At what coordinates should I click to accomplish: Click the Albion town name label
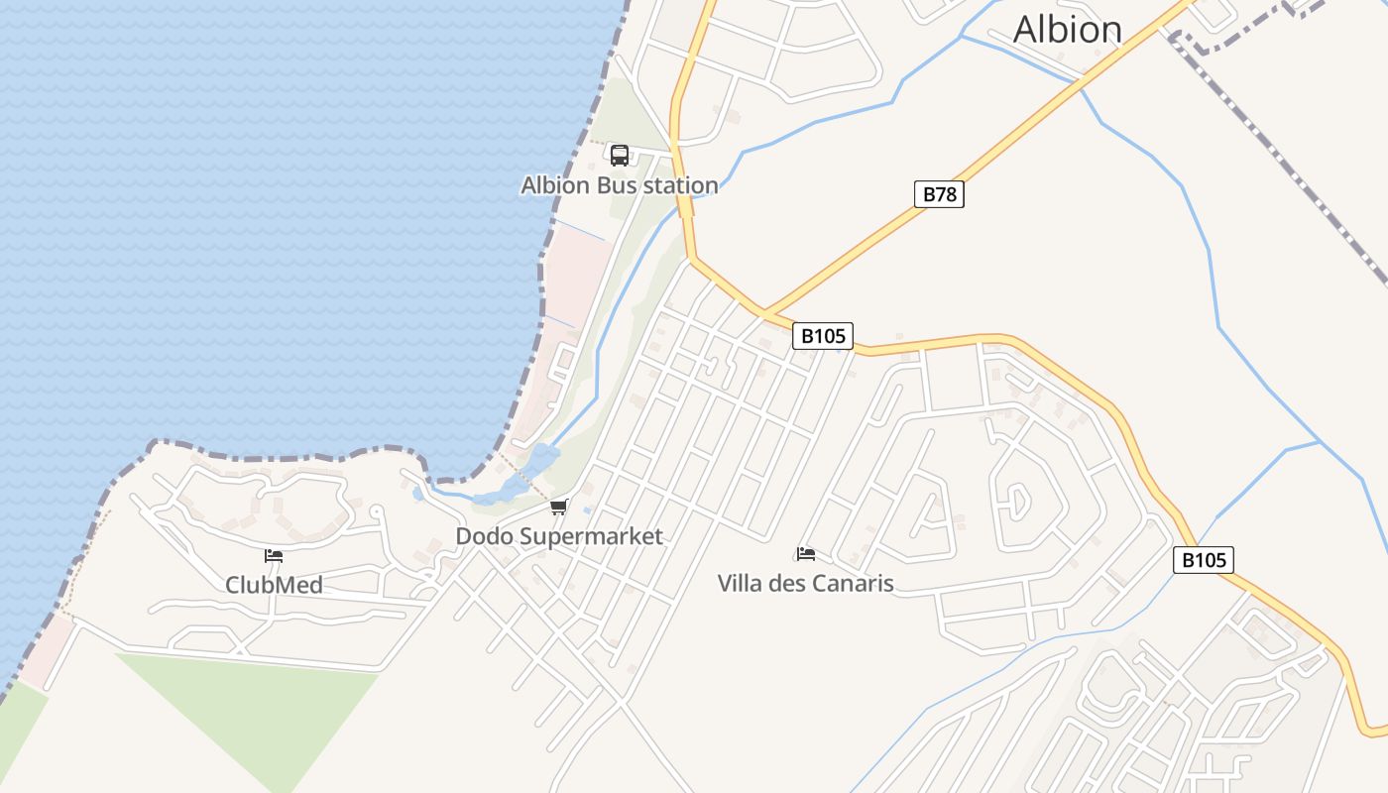coord(1067,30)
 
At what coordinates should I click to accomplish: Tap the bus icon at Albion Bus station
coord(620,155)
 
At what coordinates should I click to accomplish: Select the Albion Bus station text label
coord(620,185)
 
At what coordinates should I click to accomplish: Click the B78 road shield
coord(939,194)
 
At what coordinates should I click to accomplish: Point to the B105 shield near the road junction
coord(823,336)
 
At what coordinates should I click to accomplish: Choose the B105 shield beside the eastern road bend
coord(1204,560)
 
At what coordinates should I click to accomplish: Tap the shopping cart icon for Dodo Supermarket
coord(559,508)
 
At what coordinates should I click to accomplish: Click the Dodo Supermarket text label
coord(559,536)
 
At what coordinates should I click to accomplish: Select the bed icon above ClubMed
coord(274,556)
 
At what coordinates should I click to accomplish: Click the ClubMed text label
coord(274,585)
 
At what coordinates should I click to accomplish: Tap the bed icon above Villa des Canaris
coord(806,553)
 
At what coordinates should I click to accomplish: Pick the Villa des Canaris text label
coord(805,583)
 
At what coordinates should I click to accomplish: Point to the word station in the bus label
coord(679,185)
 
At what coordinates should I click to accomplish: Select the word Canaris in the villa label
coord(853,583)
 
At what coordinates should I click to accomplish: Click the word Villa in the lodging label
coord(741,583)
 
